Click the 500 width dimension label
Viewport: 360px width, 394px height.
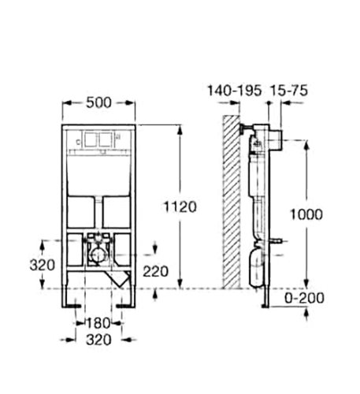point(98,102)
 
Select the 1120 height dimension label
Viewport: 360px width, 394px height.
point(180,206)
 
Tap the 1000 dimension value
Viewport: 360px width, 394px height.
point(306,214)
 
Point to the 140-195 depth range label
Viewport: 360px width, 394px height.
point(235,91)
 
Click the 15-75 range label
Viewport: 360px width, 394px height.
point(289,91)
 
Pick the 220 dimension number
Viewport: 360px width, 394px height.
point(155,271)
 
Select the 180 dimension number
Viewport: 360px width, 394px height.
point(98,323)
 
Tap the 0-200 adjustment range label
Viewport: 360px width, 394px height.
point(305,298)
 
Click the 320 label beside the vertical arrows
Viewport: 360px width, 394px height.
point(43,265)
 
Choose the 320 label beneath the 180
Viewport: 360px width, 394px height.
point(98,340)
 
